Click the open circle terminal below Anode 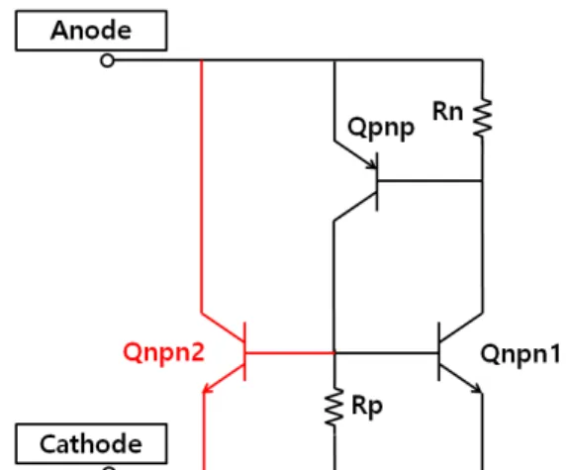pos(107,60)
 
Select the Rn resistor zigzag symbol pos(483,118)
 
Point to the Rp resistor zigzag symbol pos(334,407)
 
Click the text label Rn pos(447,111)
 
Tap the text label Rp pos(367,406)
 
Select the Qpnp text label pos(381,129)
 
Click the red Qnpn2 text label pos(164,352)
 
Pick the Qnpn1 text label pos(520,354)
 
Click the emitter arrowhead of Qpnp pos(372,164)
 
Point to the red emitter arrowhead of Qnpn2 pos(208,388)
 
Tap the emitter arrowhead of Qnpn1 pos(477,388)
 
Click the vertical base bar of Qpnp pos(377,182)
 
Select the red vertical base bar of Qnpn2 pos(245,351)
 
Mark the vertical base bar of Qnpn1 pos(438,351)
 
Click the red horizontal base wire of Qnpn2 pos(290,352)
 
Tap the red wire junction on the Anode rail pos(202,60)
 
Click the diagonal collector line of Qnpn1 pos(461,328)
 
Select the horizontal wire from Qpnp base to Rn pos(429,180)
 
